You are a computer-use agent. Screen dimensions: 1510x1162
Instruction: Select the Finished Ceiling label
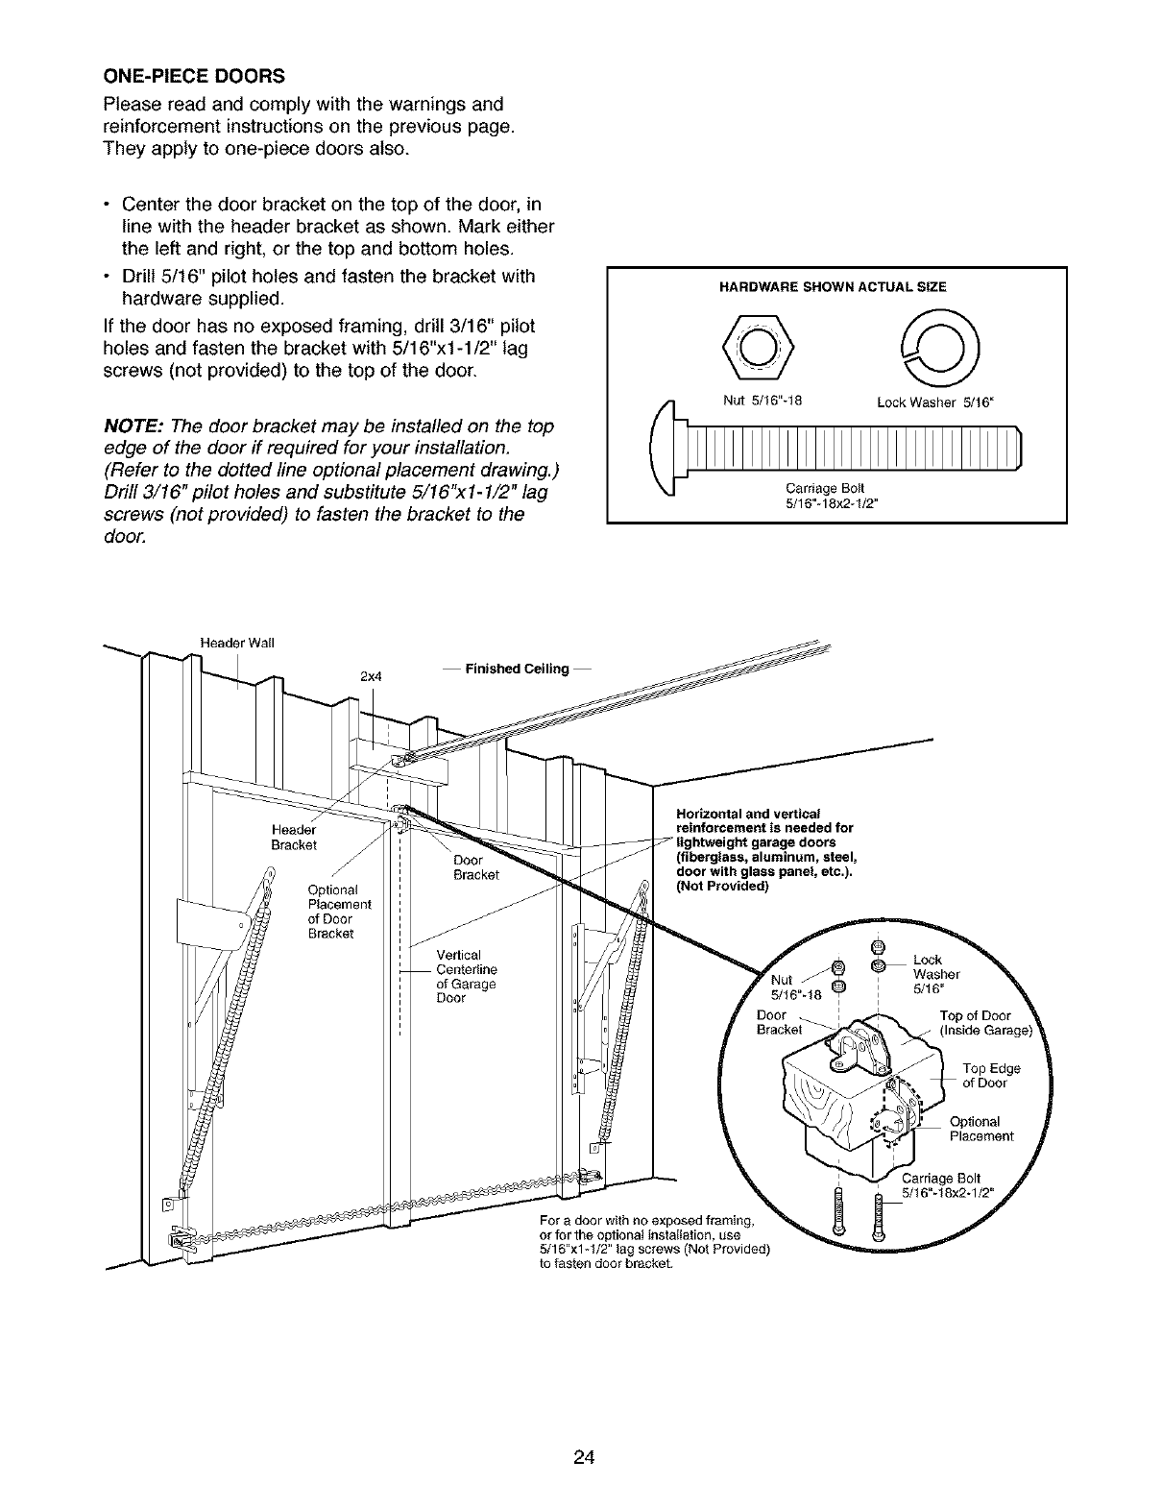516,669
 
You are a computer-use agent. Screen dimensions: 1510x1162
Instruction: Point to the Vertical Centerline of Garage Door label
466,976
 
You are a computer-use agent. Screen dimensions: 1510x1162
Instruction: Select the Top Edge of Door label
990,1076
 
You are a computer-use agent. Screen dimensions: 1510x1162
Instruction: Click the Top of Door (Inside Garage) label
983,1024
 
